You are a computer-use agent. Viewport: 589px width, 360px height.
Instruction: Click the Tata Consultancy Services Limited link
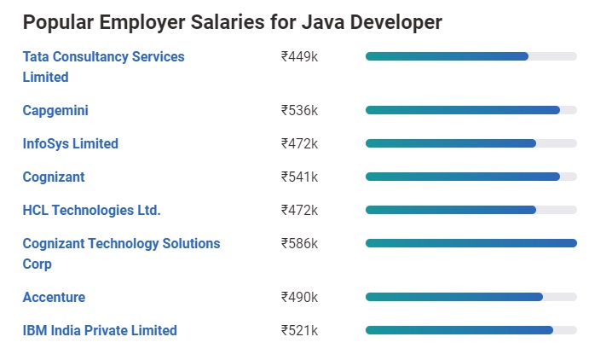[103, 57]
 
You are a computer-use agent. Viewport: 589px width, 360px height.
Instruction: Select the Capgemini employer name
[55, 111]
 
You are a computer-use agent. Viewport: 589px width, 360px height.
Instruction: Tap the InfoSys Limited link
[71, 144]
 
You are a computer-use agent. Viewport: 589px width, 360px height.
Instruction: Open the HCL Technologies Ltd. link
[92, 211]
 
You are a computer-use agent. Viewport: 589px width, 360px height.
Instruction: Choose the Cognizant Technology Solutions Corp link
[121, 244]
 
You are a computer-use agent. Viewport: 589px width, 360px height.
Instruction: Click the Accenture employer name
[54, 298]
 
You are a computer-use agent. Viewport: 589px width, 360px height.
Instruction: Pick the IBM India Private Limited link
[100, 331]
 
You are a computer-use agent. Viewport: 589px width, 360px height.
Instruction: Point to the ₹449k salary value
[299, 57]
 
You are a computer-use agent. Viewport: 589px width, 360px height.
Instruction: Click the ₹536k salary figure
[299, 111]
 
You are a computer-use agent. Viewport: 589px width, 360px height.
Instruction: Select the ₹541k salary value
[299, 177]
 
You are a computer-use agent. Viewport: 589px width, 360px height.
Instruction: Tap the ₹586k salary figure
[299, 244]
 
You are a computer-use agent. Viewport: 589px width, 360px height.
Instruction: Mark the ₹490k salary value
[299, 298]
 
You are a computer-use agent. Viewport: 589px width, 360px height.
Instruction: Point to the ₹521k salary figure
[299, 331]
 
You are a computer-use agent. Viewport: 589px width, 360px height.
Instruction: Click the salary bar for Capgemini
[463, 110]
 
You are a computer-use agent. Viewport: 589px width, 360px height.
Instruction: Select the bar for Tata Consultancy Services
[447, 56]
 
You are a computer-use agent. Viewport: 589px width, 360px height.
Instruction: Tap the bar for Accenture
[454, 297]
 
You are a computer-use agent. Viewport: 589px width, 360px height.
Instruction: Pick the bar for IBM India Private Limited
[459, 330]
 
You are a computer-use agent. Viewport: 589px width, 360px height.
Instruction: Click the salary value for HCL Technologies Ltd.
[299, 211]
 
